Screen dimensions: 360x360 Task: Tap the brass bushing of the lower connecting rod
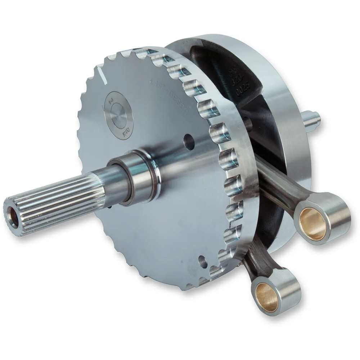pyautogui.click(x=267, y=296)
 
